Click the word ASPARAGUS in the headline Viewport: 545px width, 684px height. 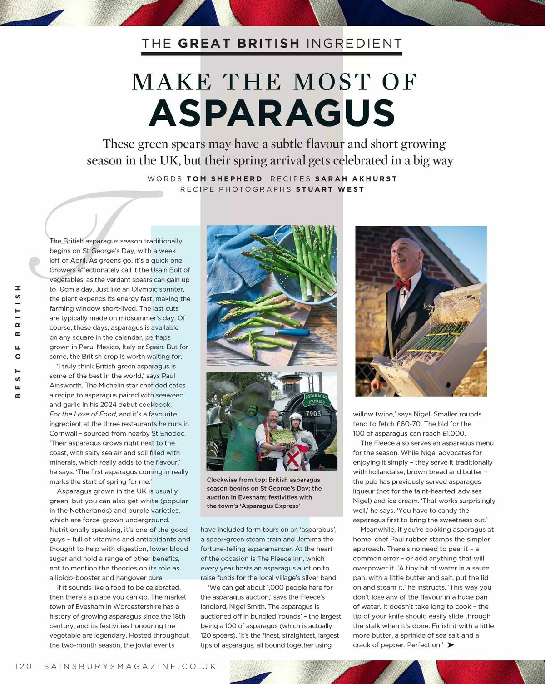click(272, 113)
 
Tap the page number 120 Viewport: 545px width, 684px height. click(24, 666)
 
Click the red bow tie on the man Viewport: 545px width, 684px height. click(403, 285)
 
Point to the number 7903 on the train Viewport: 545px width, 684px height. click(313, 414)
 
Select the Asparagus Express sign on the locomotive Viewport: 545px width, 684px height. click(317, 399)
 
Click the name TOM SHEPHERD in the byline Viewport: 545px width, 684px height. click(224, 179)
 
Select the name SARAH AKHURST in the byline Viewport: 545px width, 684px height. click(356, 179)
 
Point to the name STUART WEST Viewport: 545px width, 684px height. click(330, 189)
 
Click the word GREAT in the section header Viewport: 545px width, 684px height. click(204, 44)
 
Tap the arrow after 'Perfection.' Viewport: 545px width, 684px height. click(451, 645)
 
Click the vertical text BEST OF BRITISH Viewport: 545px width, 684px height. click(18, 342)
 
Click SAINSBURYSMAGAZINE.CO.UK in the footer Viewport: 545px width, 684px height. click(130, 666)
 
